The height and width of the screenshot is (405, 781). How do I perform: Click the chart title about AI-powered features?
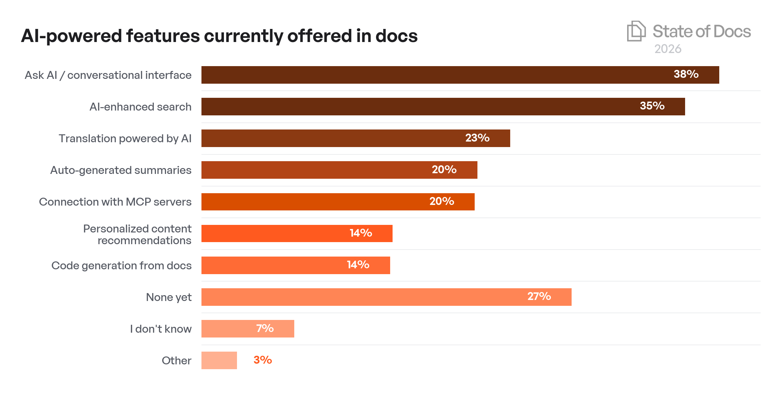[x=219, y=36]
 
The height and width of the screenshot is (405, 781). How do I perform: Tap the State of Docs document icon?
[x=636, y=31]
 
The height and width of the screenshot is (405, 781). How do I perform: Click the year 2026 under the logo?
[x=668, y=49]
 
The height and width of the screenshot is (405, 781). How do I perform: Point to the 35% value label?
[x=652, y=106]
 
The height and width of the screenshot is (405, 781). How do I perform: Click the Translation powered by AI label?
[x=125, y=138]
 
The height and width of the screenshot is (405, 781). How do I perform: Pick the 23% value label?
[x=477, y=138]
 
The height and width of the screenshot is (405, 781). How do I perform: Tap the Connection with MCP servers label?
[x=115, y=202]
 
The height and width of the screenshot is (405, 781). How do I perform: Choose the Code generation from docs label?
[x=121, y=266]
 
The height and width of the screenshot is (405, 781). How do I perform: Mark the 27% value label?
[x=539, y=297]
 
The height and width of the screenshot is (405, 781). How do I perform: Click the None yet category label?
[x=169, y=297]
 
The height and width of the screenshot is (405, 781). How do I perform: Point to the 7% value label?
[x=265, y=329]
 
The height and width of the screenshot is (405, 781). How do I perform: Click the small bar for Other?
[x=219, y=361]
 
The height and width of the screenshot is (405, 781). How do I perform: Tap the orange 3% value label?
[x=263, y=360]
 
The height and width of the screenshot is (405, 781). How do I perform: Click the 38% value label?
[x=686, y=74]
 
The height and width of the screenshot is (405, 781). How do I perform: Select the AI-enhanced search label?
[x=140, y=107]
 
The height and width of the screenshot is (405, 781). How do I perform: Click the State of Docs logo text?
[x=702, y=32]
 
